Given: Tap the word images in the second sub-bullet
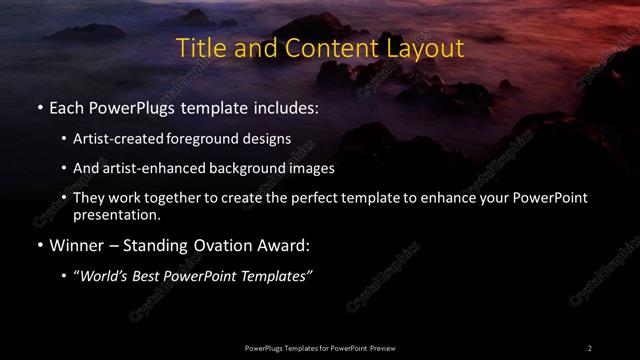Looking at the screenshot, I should tap(313, 168).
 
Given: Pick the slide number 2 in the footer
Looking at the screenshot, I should tap(589, 347).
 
